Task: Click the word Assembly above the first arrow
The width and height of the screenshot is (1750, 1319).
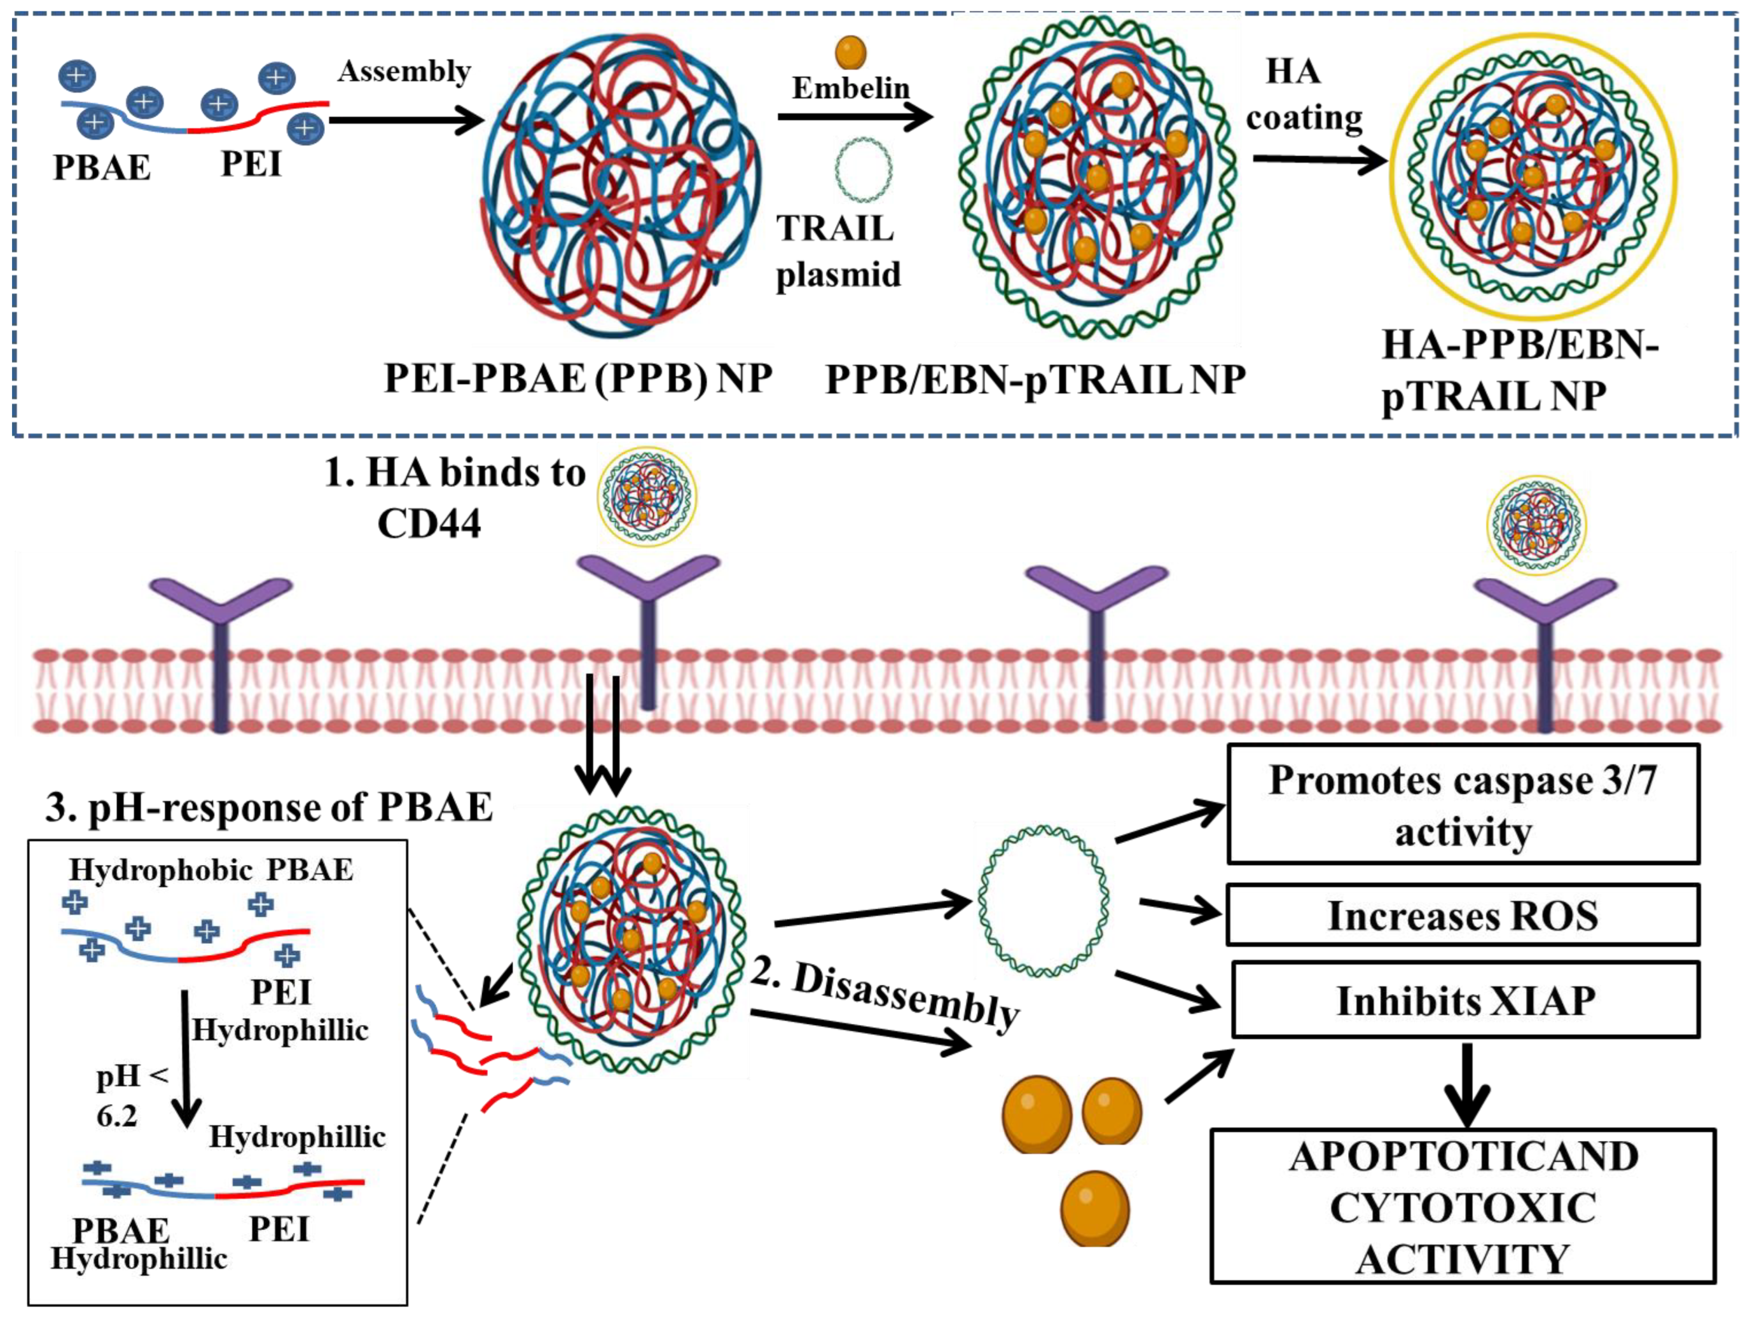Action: click(x=404, y=71)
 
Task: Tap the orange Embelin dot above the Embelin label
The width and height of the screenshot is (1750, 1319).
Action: click(x=850, y=52)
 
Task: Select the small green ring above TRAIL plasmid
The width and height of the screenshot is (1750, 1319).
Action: click(x=863, y=169)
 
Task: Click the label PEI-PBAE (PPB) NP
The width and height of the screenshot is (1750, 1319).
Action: click(x=577, y=378)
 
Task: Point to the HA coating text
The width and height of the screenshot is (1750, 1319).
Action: click(x=1303, y=95)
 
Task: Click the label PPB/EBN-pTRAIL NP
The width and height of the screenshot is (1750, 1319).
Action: click(x=1035, y=380)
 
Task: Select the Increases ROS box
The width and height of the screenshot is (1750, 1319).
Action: click(x=1462, y=915)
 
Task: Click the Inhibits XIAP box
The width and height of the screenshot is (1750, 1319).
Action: click(x=1465, y=1000)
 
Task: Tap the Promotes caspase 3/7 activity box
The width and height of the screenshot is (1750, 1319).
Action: click(x=1462, y=804)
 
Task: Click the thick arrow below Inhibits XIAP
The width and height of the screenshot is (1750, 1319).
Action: click(x=1467, y=1084)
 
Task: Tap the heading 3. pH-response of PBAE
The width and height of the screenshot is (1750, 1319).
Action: click(x=269, y=807)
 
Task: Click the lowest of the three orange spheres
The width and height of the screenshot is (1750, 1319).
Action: click(x=1094, y=1208)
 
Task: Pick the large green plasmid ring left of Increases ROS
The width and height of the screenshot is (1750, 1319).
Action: click(x=1043, y=900)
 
